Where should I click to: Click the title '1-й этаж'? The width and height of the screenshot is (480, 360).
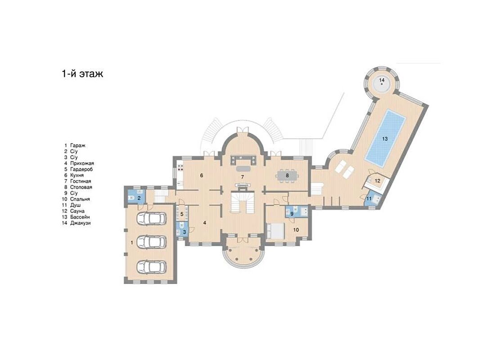tap(83, 74)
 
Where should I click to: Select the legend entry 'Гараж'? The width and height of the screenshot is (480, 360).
tap(78, 145)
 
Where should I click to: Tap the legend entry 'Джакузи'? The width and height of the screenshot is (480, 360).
tap(80, 223)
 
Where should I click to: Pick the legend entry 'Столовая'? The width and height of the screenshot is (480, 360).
tap(81, 187)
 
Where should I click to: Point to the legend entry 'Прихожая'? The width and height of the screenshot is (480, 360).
tap(82, 163)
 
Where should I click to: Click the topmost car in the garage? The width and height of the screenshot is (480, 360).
tap(151, 218)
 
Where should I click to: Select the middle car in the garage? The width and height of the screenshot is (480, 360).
tap(151, 242)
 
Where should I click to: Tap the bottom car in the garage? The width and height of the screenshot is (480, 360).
tap(151, 266)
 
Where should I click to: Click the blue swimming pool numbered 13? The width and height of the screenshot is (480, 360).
tap(386, 138)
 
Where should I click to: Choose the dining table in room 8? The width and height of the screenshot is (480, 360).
tap(287, 175)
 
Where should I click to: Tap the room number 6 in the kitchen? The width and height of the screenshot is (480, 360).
tap(202, 175)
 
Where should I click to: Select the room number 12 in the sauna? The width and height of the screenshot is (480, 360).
tap(377, 181)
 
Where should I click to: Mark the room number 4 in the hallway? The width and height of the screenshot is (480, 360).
tap(205, 223)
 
